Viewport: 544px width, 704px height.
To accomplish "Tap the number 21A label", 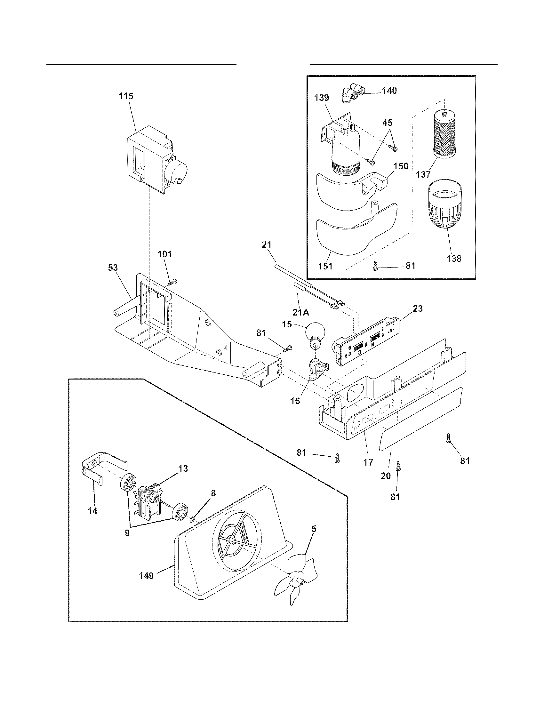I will [301, 312].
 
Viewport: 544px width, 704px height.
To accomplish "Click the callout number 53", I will [113, 268].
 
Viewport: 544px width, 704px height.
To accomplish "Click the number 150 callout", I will [401, 166].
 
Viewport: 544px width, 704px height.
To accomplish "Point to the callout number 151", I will [326, 266].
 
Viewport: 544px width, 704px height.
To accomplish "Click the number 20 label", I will [386, 476].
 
